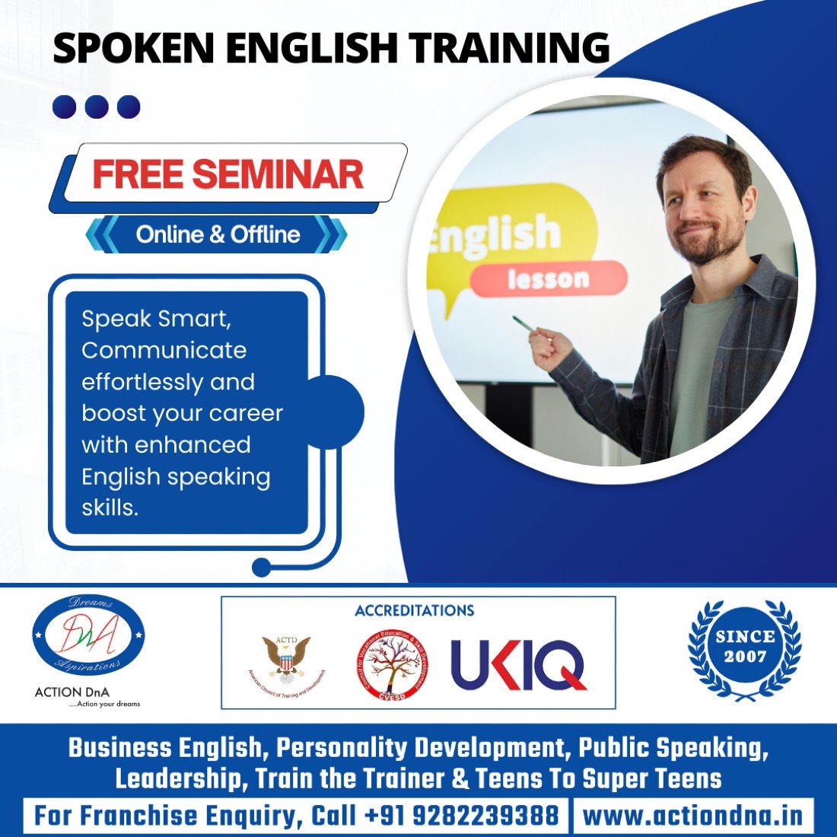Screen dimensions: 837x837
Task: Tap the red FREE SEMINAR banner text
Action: (228, 174)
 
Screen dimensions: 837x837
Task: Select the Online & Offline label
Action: (218, 234)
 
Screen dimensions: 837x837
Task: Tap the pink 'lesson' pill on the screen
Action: (548, 278)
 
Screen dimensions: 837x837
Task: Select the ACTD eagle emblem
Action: (286, 654)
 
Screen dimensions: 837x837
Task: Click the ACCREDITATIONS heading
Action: (414, 610)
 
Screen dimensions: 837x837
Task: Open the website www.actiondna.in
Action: (692, 816)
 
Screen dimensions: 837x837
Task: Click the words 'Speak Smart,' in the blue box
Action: (156, 318)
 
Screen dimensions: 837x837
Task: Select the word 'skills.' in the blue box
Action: (110, 508)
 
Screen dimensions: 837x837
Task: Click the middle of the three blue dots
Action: (97, 107)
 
